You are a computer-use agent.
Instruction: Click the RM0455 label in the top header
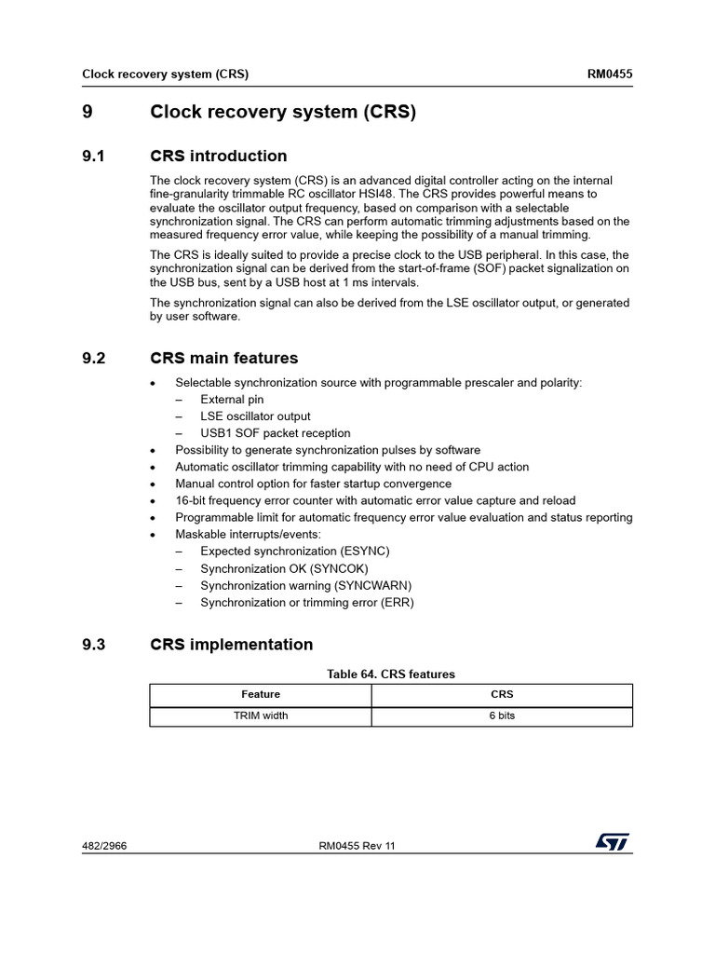608,74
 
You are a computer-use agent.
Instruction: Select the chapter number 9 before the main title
88,113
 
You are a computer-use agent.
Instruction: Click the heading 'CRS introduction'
218,156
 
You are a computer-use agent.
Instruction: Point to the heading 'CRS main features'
223,358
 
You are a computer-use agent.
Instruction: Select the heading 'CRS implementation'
231,645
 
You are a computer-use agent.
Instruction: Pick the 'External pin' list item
232,400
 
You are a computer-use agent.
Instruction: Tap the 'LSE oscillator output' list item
255,416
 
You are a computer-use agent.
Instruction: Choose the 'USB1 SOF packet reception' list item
275,433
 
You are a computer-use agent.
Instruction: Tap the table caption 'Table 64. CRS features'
390,674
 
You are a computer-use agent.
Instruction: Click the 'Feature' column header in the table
261,694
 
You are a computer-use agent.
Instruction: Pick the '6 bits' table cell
502,715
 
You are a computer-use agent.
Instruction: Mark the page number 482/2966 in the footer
105,846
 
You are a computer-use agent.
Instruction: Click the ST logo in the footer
612,842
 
